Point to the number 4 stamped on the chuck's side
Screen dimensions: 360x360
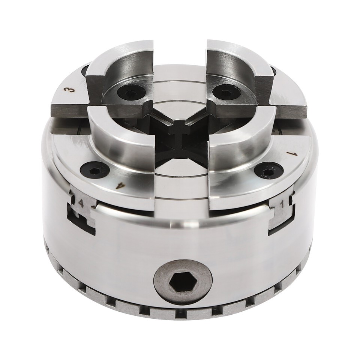click(x=81, y=204)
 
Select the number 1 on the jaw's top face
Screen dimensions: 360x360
click(x=289, y=153)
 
